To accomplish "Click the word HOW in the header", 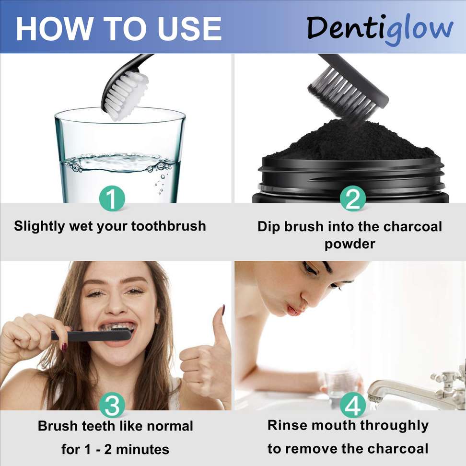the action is pos(54,29).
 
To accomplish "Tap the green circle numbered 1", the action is pos(112,198).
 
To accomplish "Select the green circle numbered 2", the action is pos(352,198).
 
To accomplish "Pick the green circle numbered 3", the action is pos(112,405).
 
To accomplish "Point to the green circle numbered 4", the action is pos(352,405).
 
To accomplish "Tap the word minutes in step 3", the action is pos(142,449).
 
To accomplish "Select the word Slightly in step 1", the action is pos(39,226).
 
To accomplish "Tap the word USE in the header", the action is pos(190,29).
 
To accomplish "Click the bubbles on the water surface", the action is pos(119,163).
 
